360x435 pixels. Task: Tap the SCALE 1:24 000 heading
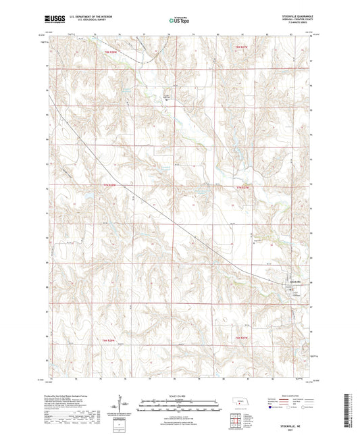(180, 397)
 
